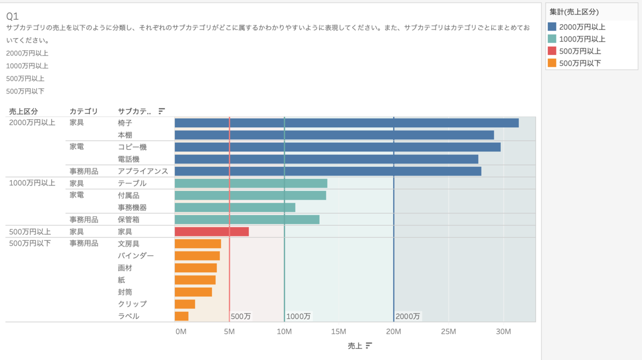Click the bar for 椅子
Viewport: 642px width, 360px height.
pos(346,123)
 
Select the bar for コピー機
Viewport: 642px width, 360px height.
pos(337,147)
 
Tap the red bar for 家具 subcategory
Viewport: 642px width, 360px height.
pos(211,232)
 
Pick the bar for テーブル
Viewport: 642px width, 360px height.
pos(250,183)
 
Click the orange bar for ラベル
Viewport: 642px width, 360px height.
pos(181,316)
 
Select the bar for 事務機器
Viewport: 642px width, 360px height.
pos(234,208)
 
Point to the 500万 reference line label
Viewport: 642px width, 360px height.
pos(241,316)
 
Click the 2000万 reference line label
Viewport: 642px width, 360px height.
pos(408,316)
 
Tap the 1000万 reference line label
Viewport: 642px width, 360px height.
pos(298,316)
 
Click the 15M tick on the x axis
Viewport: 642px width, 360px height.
pos(339,332)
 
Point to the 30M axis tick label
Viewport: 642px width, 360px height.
pos(503,332)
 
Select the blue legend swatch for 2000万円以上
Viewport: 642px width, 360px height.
pos(552,27)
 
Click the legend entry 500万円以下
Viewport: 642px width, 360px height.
pos(579,64)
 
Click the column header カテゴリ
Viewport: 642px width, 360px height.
pos(83,111)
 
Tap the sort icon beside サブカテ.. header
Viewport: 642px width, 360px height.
pos(162,111)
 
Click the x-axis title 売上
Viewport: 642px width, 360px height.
pos(355,346)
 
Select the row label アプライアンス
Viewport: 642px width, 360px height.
pos(143,171)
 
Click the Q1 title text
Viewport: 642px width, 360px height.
pos(12,16)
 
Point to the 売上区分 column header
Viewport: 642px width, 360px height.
pos(24,111)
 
